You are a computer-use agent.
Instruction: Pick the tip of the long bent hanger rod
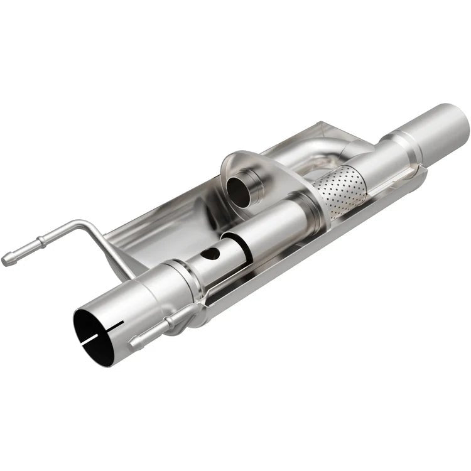pos(8,258)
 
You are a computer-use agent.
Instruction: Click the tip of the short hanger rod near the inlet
pos(134,343)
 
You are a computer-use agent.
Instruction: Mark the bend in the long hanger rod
pos(88,224)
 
